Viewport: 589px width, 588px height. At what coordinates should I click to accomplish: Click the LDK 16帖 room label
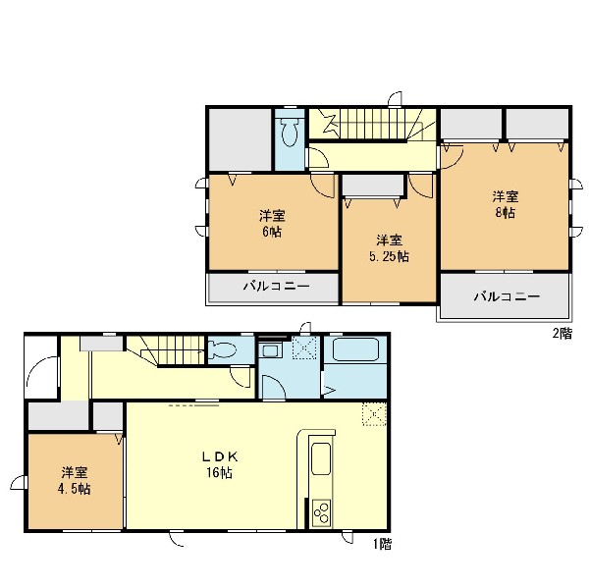click(220, 464)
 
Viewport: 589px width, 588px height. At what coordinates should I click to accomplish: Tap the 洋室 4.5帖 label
click(75, 481)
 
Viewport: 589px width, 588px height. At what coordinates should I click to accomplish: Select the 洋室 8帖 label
click(506, 205)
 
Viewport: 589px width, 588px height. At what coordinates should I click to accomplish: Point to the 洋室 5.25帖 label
click(390, 248)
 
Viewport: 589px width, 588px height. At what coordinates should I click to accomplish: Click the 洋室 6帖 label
click(272, 224)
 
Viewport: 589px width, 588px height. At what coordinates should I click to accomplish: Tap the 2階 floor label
click(562, 333)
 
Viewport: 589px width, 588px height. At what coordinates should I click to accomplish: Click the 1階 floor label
click(383, 544)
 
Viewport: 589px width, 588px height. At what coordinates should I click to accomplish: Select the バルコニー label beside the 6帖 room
click(277, 287)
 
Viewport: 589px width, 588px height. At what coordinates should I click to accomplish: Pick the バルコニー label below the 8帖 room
click(508, 296)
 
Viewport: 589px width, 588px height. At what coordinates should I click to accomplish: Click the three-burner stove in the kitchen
click(322, 512)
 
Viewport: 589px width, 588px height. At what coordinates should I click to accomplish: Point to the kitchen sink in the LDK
click(321, 459)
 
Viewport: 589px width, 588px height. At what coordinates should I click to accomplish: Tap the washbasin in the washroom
click(269, 350)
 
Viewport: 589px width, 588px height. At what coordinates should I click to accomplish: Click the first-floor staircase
click(167, 350)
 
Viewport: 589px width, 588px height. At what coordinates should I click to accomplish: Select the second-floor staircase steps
click(372, 124)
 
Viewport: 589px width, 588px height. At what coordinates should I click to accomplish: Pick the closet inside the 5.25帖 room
click(373, 186)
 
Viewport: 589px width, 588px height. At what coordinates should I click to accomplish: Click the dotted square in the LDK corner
click(375, 414)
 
